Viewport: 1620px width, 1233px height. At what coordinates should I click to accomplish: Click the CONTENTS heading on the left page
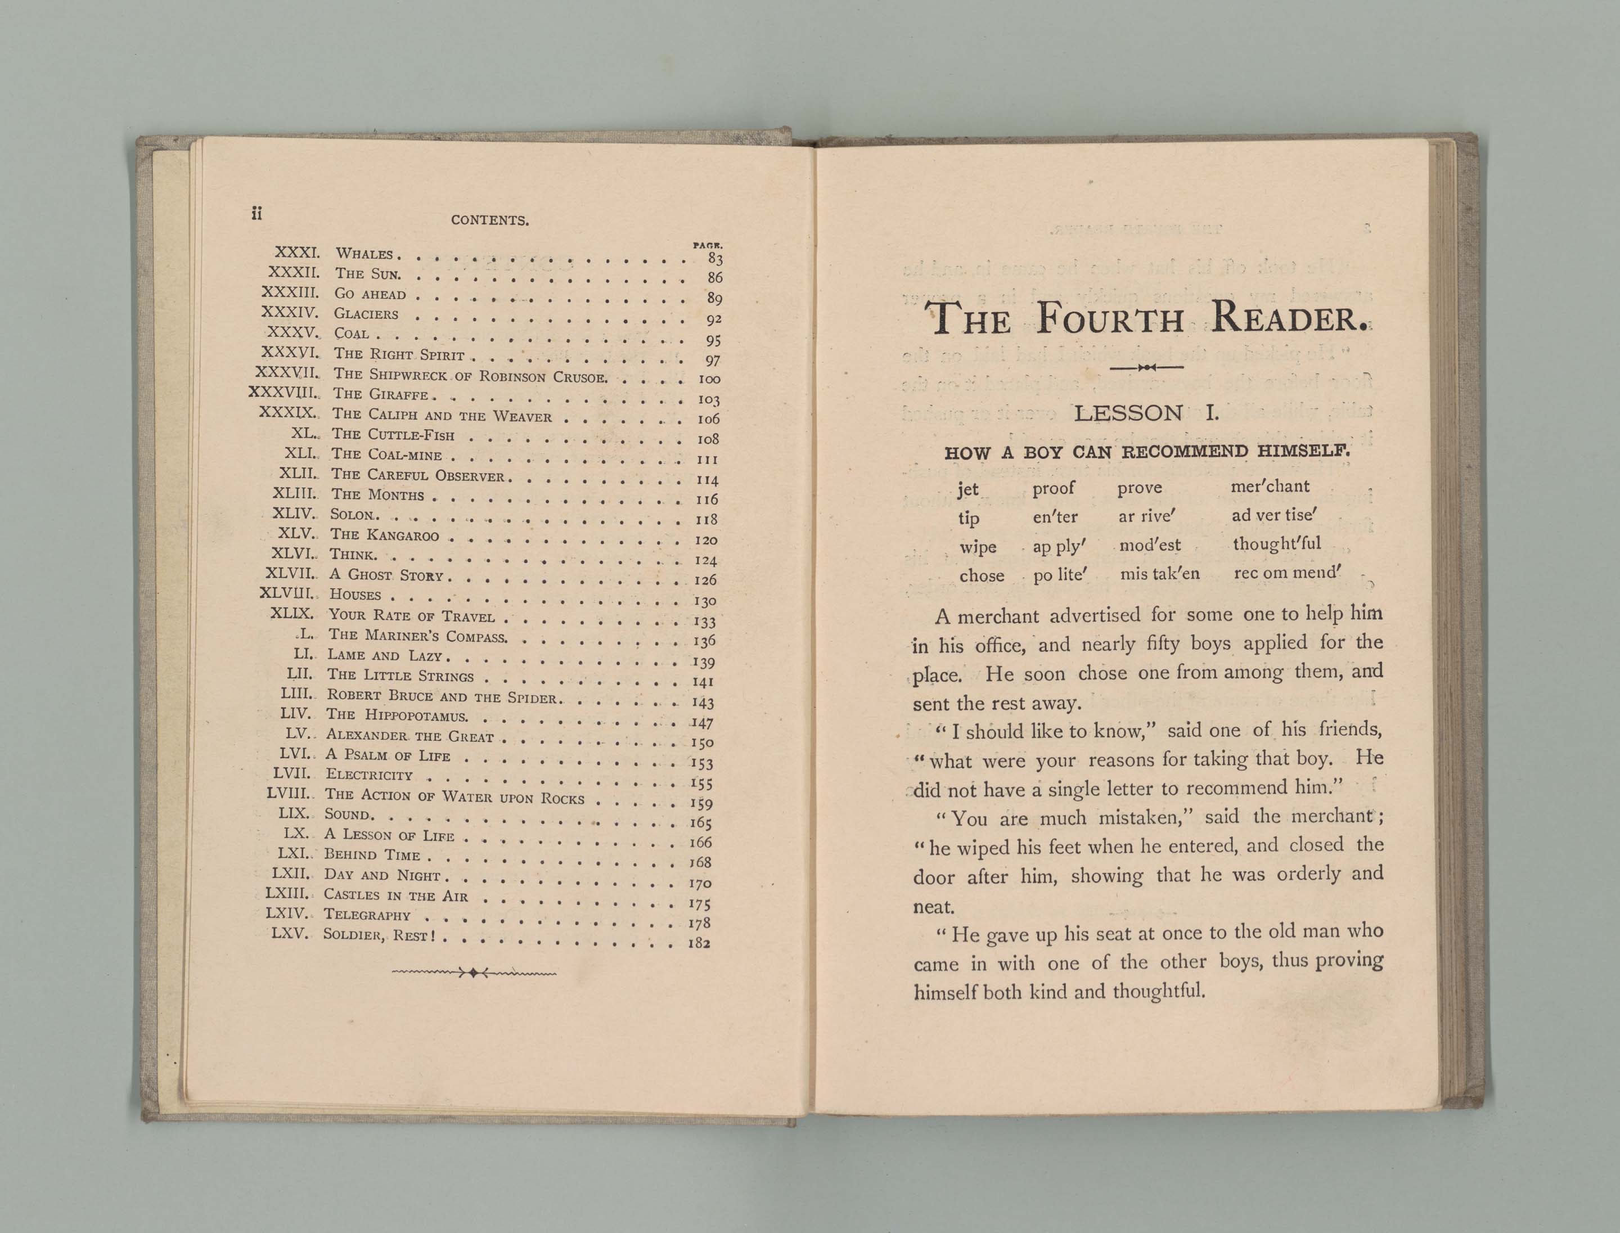489,220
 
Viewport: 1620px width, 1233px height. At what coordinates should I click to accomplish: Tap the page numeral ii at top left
256,214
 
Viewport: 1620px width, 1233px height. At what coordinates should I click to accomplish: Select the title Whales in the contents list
365,254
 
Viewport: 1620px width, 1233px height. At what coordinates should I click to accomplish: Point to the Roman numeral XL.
303,434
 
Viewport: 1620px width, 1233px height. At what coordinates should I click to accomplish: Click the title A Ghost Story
386,575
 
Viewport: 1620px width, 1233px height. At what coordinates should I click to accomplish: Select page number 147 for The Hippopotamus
703,723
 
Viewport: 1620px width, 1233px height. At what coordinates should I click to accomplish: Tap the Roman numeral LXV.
291,934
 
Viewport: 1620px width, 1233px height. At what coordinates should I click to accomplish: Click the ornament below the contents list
474,973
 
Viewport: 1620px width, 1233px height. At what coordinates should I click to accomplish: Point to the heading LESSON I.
1146,413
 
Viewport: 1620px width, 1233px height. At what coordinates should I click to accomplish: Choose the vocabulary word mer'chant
1270,486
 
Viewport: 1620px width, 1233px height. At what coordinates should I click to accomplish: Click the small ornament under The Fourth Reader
1146,367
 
